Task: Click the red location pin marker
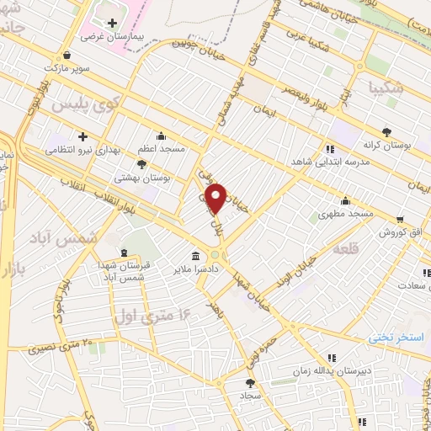(x=217, y=198)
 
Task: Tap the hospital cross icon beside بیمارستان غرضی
(x=113, y=23)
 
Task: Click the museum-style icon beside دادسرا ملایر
(x=196, y=256)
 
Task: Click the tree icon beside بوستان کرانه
(x=386, y=131)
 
